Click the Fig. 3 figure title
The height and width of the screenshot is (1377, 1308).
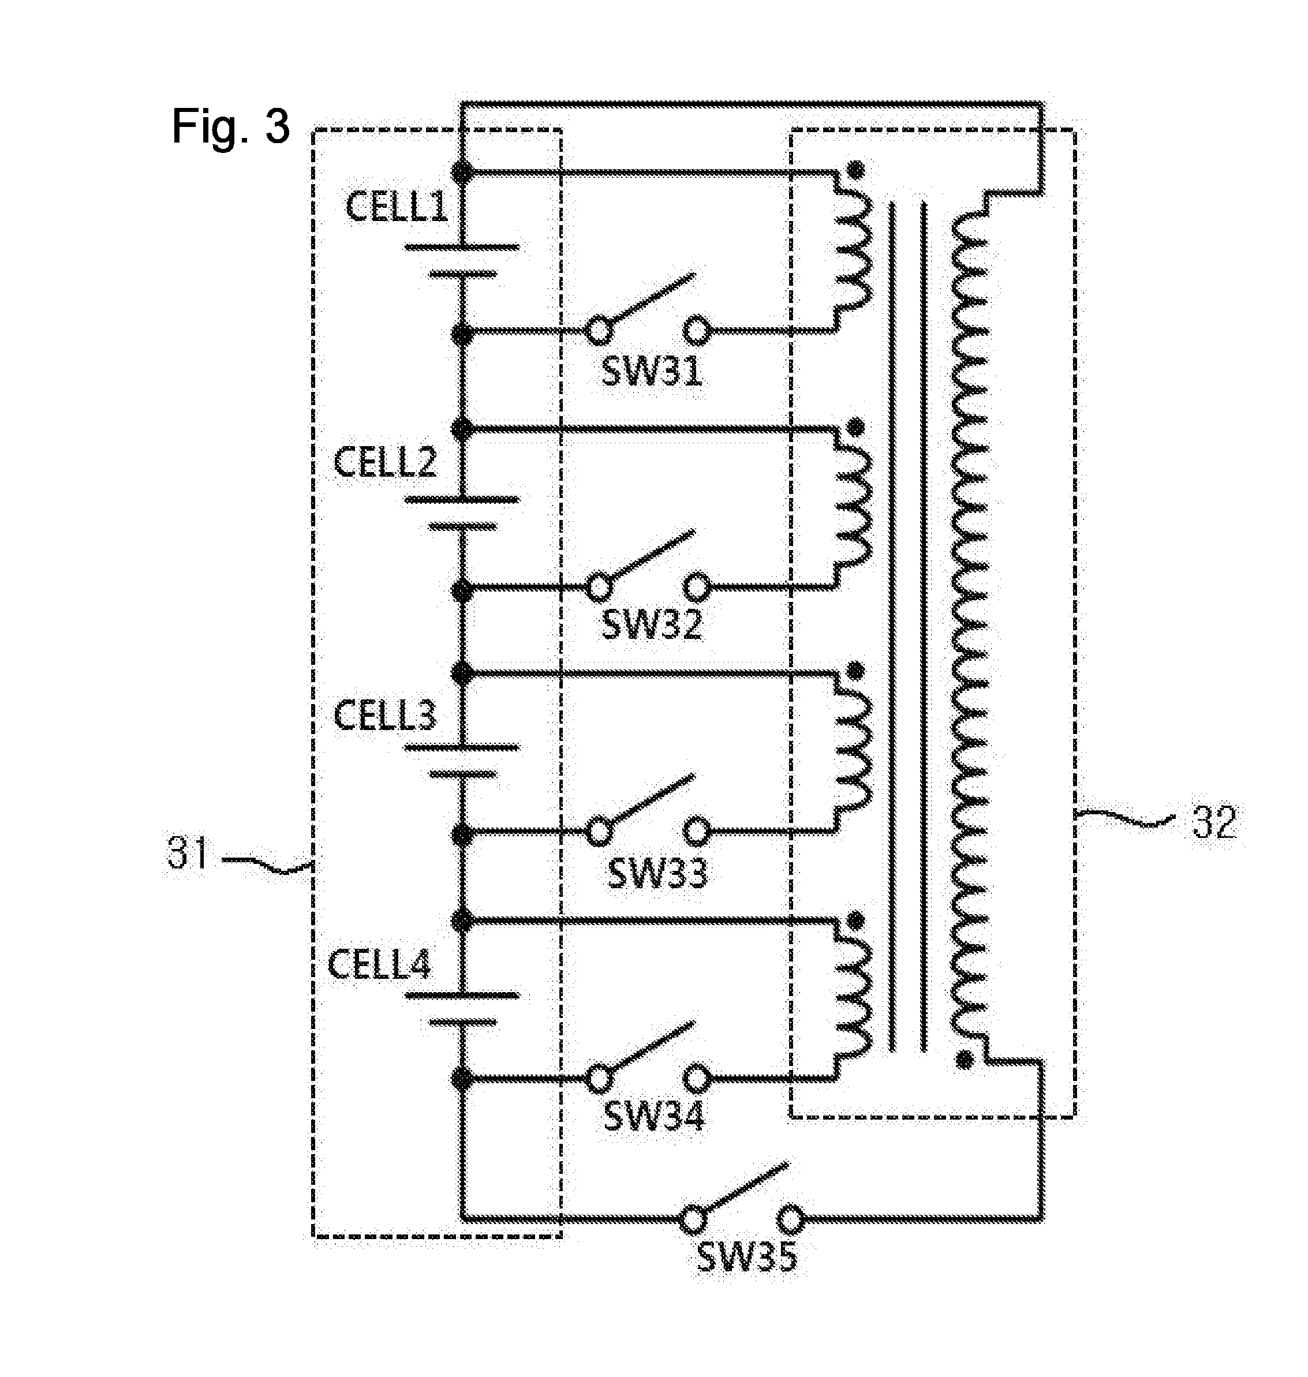(231, 126)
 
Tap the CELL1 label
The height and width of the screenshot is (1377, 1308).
(397, 208)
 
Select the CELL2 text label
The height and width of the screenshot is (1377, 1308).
(385, 462)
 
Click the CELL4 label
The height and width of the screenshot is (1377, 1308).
(379, 965)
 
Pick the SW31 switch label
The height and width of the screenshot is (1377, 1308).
(651, 372)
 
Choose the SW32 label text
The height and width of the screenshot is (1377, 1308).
(652, 624)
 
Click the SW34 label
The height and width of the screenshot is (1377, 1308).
(654, 1116)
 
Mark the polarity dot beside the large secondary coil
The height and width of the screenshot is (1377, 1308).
(965, 1062)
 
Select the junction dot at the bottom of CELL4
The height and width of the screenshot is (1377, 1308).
(461, 1079)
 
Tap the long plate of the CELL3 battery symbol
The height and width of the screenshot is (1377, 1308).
(462, 747)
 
